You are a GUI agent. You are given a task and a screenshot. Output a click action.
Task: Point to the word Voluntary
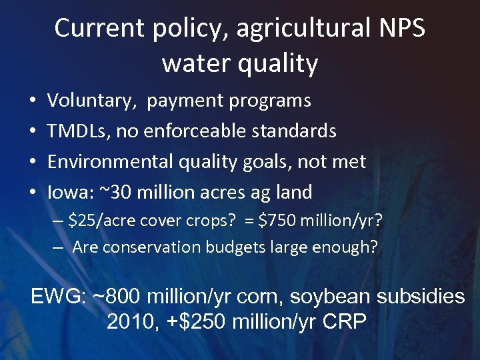[92, 101]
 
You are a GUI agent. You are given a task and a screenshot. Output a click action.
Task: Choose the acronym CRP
[344, 322]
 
